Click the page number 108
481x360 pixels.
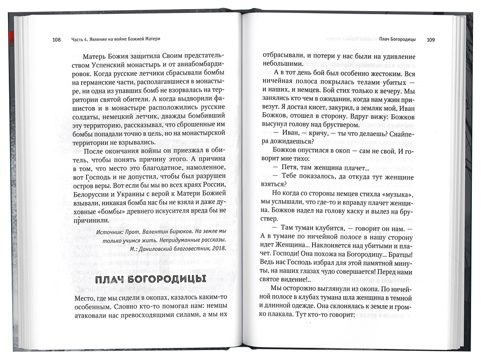[56, 39]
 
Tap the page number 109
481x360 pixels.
[430, 39]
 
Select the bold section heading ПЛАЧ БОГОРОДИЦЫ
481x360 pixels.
[150, 278]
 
